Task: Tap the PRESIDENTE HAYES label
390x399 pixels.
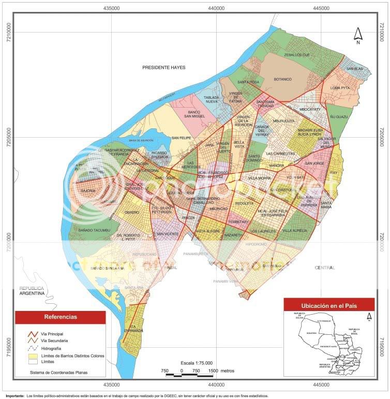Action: click(x=163, y=67)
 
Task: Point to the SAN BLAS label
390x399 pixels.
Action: click(x=354, y=69)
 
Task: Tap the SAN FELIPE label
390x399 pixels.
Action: click(x=182, y=138)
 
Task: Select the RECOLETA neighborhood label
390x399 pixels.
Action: click(x=245, y=203)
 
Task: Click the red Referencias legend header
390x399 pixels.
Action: click(x=61, y=317)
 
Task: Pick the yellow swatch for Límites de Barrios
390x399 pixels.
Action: click(x=33, y=356)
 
